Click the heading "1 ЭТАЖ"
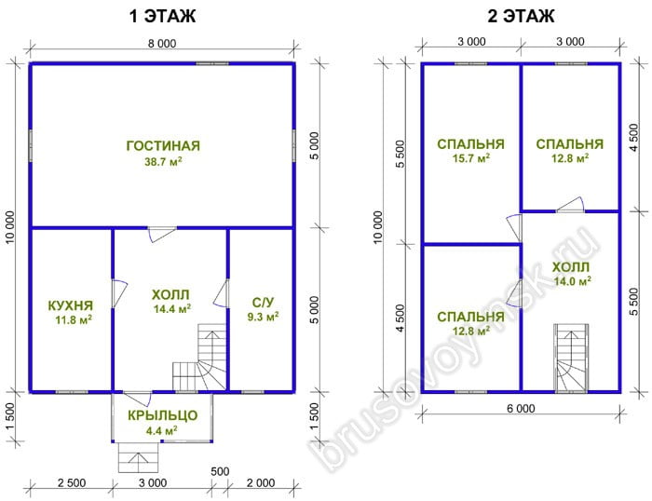162,16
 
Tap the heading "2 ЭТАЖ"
521,16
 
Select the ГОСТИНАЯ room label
163,146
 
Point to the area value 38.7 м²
163,161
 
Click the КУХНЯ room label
71,305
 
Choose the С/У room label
264,303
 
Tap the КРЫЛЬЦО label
163,415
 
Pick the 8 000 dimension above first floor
162,43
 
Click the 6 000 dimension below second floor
521,409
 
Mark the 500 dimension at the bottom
220,471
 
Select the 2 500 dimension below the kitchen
72,482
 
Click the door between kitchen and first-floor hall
119,294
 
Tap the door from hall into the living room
162,235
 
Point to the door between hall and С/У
222,293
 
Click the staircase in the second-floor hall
571,358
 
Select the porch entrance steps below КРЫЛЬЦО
139,457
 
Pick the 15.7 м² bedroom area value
470,158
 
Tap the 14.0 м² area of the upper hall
572,281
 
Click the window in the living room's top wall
212,63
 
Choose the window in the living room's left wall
31,145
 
